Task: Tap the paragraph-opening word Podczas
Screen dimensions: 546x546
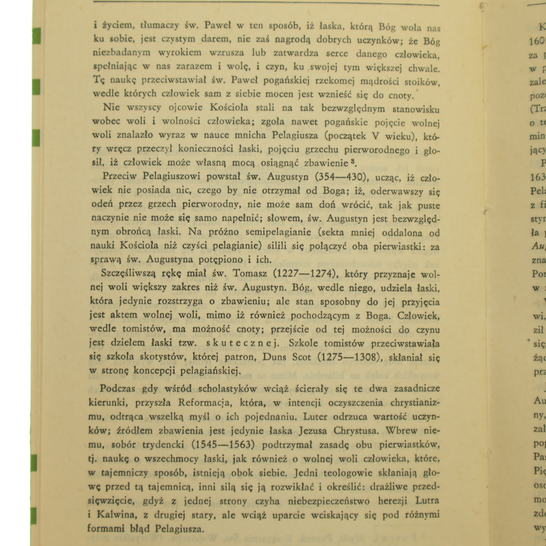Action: pyautogui.click(x=117, y=389)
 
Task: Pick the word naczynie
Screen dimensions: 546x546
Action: pyautogui.click(x=110, y=218)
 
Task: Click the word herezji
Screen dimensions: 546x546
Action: pyautogui.click(x=393, y=501)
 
